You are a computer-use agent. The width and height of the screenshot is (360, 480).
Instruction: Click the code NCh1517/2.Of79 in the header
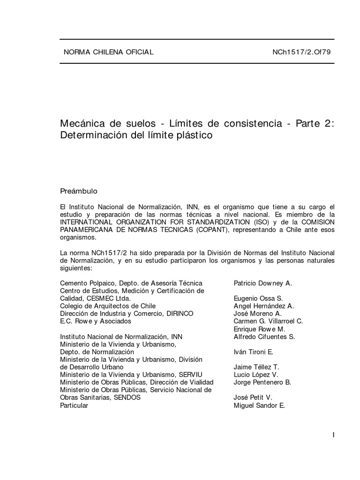click(301, 52)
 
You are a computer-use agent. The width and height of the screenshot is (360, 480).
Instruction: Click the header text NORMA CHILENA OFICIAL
click(108, 52)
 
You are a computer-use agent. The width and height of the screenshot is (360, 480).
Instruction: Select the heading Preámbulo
click(79, 191)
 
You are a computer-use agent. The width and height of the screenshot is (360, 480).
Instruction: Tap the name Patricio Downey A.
click(262, 283)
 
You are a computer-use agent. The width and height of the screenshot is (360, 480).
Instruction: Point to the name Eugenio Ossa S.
click(258, 298)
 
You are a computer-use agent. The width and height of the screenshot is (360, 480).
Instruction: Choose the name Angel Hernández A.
click(263, 306)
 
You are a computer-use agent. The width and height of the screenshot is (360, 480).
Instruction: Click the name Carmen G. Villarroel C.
click(268, 321)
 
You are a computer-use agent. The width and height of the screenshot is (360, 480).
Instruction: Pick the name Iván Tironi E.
click(253, 352)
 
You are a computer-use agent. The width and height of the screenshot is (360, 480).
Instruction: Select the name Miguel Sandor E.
click(259, 405)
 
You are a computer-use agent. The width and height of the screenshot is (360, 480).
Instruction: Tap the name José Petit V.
click(253, 397)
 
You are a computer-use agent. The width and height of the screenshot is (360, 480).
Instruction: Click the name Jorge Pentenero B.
click(262, 382)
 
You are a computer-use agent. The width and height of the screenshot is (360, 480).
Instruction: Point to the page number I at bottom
click(333, 435)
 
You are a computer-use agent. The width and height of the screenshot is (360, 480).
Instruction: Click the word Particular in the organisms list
click(74, 405)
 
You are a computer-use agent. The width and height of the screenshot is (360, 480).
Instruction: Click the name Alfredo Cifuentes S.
click(264, 337)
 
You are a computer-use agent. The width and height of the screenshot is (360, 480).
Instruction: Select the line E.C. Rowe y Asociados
click(96, 321)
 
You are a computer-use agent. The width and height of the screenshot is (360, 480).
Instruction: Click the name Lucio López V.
click(255, 375)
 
